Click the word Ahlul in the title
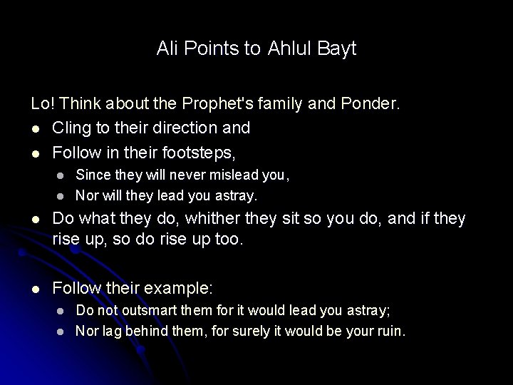click(x=289, y=49)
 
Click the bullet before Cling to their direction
click(x=36, y=128)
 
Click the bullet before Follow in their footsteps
click(x=36, y=150)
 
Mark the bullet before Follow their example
click(x=36, y=287)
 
